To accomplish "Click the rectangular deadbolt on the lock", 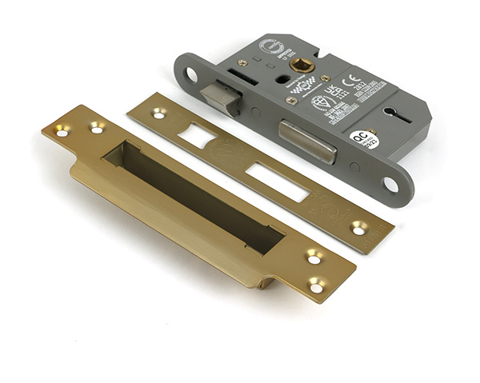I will pyautogui.click(x=306, y=141).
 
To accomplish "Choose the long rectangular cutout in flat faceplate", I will pyautogui.click(x=277, y=181).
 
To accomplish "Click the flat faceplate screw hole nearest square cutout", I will pyautogui.click(x=159, y=114).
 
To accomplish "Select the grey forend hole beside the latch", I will pyautogui.click(x=192, y=74).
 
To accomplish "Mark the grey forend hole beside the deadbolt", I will pyautogui.click(x=390, y=185).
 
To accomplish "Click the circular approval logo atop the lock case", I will pyautogui.click(x=266, y=46).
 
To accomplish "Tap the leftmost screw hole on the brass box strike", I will pyautogui.click(x=61, y=130).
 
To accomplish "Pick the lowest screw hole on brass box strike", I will pyautogui.click(x=318, y=284).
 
